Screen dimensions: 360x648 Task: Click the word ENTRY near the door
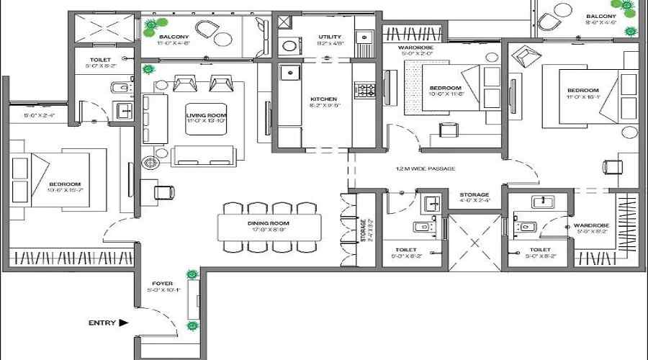tap(102, 323)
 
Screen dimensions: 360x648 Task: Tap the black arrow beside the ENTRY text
tap(124, 323)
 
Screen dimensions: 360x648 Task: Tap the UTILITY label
tap(330, 37)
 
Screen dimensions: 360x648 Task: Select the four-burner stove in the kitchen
tap(366, 90)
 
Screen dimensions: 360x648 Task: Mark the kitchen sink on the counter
tap(289, 72)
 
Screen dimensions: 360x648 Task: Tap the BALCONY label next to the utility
tap(174, 37)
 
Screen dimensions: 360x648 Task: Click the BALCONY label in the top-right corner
tap(600, 17)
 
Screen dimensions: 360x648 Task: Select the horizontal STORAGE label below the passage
tap(474, 194)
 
